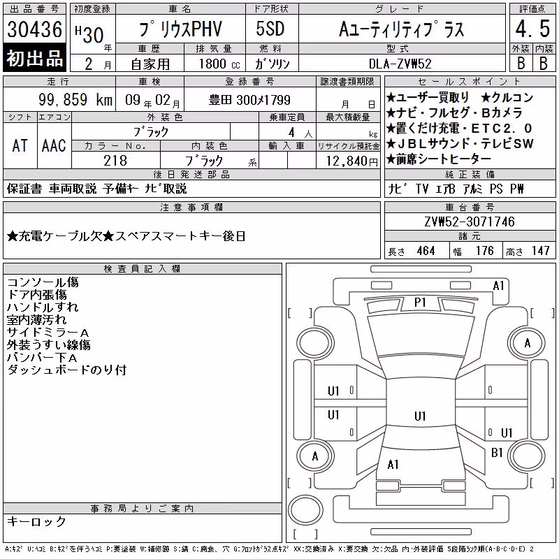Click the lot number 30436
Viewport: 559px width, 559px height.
pos(34,29)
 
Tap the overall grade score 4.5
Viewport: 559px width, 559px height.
pos(532,29)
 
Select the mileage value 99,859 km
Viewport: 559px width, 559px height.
pos(75,100)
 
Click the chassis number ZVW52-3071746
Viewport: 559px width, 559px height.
pos(470,222)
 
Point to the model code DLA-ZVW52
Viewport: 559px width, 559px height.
pos(400,64)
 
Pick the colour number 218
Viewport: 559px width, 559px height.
pos(115,161)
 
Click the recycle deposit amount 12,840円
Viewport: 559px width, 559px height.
pos(351,161)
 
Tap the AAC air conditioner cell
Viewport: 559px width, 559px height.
pos(54,145)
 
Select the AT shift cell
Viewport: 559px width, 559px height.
pos(20,145)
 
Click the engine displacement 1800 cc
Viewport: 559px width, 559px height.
pos(219,64)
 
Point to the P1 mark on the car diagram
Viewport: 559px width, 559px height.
pos(420,303)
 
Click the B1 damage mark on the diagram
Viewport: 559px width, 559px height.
pos(497,453)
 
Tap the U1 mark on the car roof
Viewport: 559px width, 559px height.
pos(420,416)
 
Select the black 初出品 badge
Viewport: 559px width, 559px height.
pos(34,58)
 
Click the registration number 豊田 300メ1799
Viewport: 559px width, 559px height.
pos(249,100)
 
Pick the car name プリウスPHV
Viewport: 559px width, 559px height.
pos(180,29)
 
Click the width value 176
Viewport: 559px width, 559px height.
pos(484,251)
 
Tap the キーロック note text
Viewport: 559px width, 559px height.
pos(37,521)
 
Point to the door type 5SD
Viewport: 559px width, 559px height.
pos(270,29)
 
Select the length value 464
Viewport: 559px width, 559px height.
pos(426,251)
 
